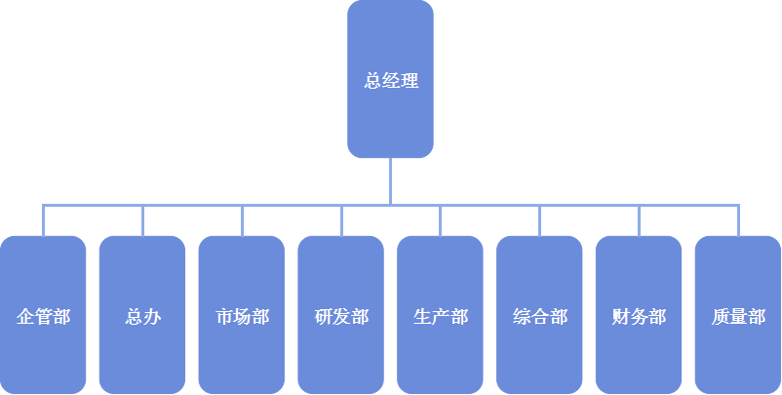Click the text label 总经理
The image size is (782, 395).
[x=391, y=81]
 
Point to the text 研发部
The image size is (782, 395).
[x=341, y=317]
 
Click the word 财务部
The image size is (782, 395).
[x=639, y=317]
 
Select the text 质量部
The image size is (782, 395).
[x=738, y=317]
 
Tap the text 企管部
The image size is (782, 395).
[x=43, y=317]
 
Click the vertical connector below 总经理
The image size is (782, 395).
[x=390, y=181]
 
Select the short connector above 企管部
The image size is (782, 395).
[x=43, y=220]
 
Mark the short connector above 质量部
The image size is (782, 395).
[x=738, y=220]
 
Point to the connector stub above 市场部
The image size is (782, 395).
[x=242, y=220]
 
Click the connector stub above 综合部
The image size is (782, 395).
[x=540, y=220]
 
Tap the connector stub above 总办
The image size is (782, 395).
[x=142, y=220]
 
